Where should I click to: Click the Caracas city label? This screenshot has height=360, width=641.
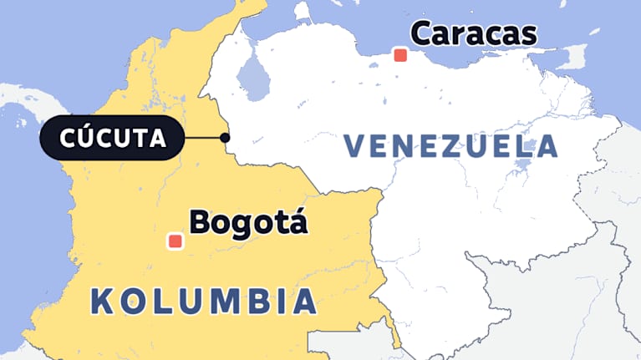(x=473, y=34)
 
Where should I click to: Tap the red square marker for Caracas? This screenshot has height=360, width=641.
(x=400, y=55)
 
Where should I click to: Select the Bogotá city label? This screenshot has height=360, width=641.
(x=249, y=222)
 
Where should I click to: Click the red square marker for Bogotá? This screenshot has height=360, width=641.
(x=176, y=241)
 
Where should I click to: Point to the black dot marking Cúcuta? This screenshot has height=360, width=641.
(x=224, y=138)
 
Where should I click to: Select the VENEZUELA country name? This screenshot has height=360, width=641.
(x=450, y=146)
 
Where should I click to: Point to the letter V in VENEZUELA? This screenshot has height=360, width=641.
(x=355, y=146)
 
